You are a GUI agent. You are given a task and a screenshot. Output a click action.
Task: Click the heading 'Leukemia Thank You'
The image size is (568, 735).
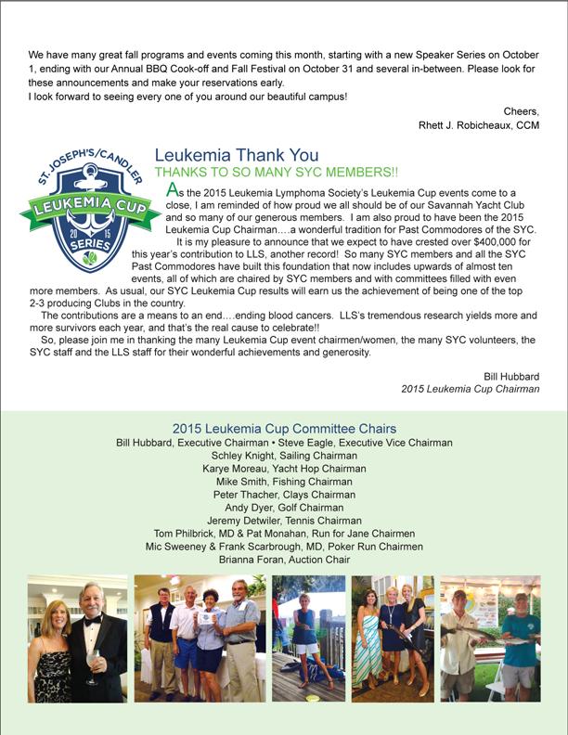pos(236,156)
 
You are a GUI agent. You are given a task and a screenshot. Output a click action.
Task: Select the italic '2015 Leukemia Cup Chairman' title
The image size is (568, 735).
pos(470,389)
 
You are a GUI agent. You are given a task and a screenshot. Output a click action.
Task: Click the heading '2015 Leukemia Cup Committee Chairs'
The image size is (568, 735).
pos(284,429)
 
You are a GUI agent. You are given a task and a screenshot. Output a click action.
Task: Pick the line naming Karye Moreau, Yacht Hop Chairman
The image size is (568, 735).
pos(284,469)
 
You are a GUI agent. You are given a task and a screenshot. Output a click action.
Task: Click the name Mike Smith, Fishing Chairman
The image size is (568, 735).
pos(284,482)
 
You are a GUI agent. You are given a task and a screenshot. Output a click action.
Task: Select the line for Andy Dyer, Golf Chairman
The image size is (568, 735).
pos(284,508)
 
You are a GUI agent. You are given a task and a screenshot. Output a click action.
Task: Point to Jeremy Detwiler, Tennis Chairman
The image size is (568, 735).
pos(284,521)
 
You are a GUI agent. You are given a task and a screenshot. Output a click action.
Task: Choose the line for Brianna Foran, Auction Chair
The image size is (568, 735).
pos(284,560)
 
